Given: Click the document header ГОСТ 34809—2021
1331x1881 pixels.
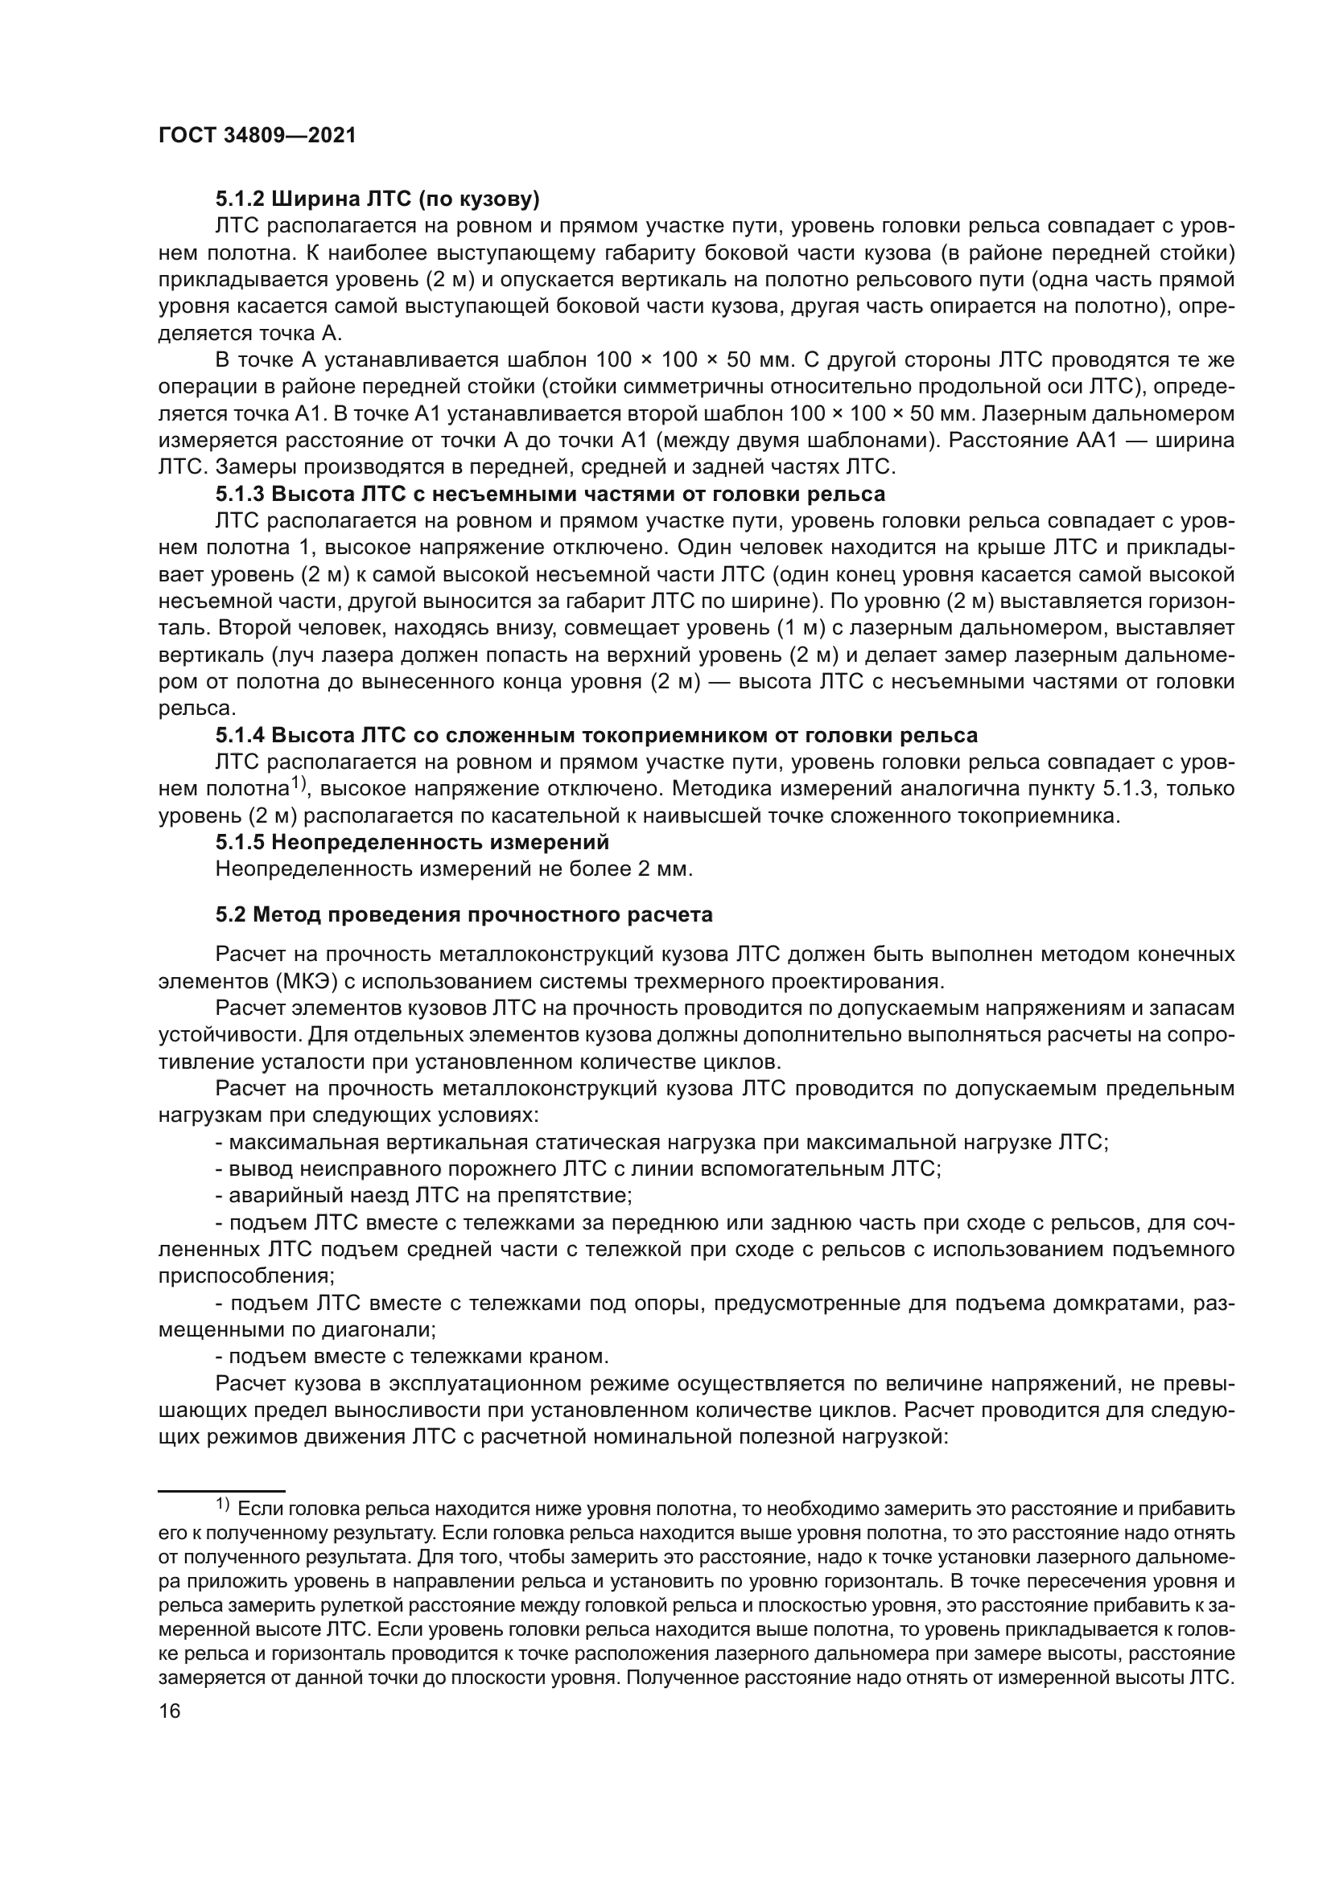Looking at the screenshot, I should tap(258, 136).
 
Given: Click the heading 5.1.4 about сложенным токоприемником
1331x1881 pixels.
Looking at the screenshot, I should tap(595, 735).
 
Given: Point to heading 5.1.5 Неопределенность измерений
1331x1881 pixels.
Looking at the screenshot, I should tap(412, 841).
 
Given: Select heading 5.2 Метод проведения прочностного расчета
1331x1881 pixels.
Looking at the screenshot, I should tap(464, 914).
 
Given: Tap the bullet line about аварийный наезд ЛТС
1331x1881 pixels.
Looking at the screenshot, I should tap(424, 1195).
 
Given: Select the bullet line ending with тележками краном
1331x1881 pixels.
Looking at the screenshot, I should tap(412, 1357).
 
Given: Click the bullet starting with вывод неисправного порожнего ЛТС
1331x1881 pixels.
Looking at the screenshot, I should tap(578, 1168).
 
